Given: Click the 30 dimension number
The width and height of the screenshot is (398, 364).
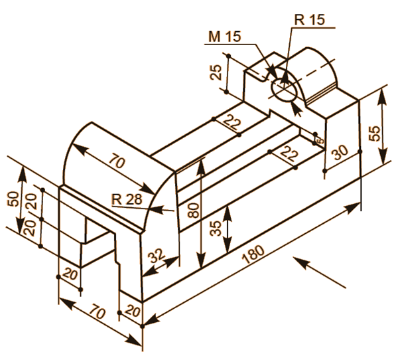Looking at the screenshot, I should point(340,153).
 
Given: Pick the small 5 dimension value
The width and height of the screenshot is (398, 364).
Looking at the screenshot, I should point(319,140).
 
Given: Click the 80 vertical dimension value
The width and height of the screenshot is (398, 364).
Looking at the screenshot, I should point(192,211).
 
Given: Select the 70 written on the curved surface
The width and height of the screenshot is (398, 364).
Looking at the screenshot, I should point(118,161).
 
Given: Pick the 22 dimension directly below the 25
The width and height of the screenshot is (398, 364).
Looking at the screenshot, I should point(232,122).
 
